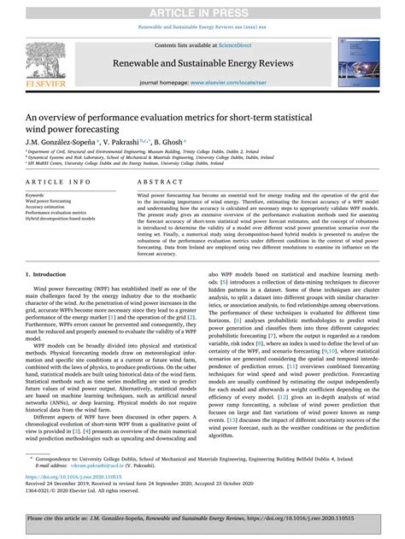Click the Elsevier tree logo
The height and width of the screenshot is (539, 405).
(x=40, y=60)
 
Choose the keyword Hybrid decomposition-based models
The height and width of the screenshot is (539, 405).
(x=67, y=219)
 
